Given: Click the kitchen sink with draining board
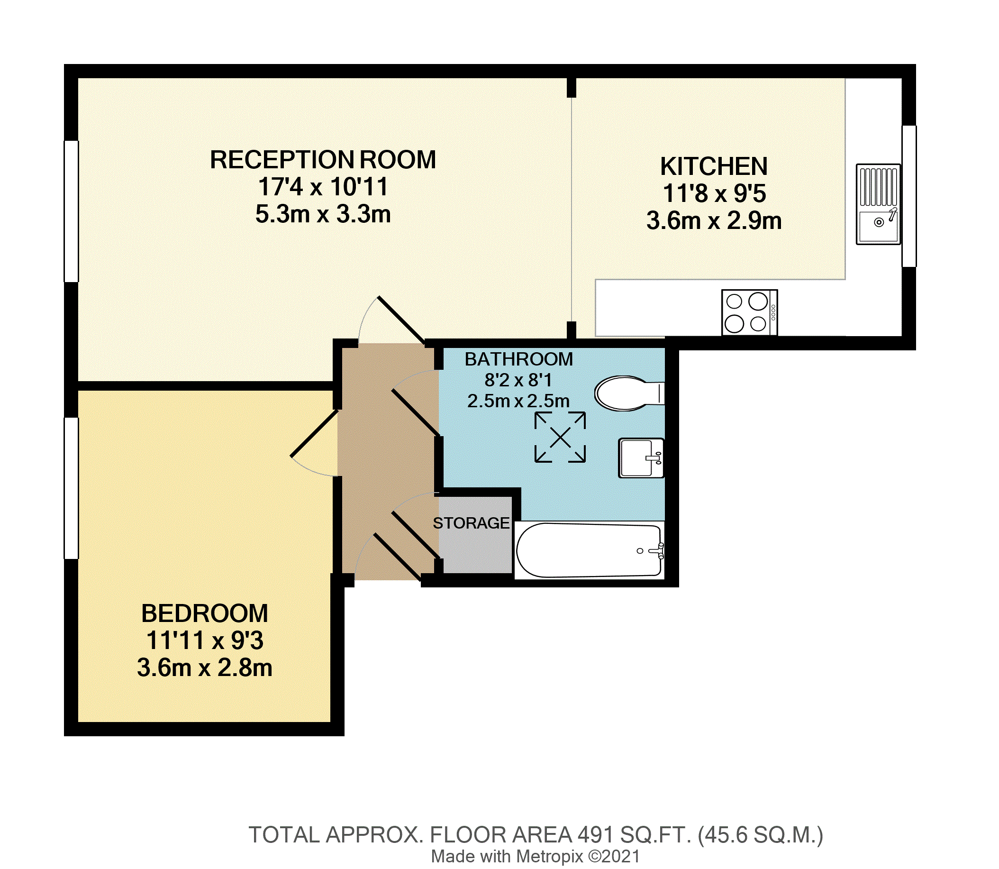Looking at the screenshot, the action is click(878, 204).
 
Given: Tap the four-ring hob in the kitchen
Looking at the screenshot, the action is click(749, 312).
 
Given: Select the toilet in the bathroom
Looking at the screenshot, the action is click(629, 393).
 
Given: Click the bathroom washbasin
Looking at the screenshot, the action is click(641, 458).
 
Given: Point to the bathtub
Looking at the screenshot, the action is click(590, 550).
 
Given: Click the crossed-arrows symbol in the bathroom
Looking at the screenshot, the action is click(560, 438).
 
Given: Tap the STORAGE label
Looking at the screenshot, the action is click(471, 523).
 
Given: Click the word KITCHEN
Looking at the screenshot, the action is click(714, 167).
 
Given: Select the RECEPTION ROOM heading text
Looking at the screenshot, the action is click(323, 160).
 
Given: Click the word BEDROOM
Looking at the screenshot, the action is click(205, 613).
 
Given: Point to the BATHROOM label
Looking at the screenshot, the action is click(518, 359).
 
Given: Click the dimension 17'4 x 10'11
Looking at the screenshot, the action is click(323, 187).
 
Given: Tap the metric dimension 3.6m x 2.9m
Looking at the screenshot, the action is click(714, 221).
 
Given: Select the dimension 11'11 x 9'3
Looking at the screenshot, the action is click(205, 640).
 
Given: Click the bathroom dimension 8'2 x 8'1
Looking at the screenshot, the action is click(518, 380).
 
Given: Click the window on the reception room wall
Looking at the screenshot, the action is click(71, 211).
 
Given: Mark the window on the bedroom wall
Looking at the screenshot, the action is click(71, 488).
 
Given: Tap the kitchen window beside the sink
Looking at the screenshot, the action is click(909, 196).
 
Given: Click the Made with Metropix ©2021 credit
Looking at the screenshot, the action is click(536, 857).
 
